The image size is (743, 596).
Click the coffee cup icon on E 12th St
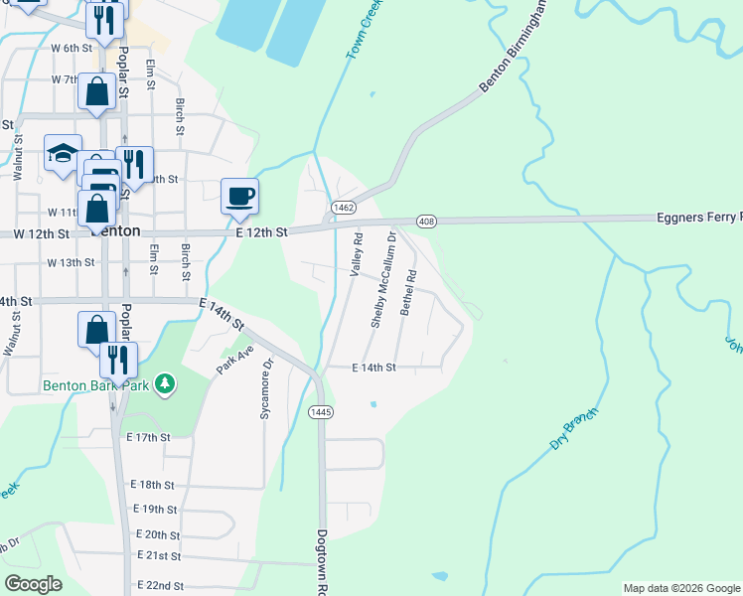click(x=238, y=196)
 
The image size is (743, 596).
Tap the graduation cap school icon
click(x=63, y=155)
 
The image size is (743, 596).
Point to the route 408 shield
click(x=427, y=220)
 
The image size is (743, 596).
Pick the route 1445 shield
click(x=321, y=411)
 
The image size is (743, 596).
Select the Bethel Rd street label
click(x=406, y=293)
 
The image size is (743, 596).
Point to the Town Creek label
click(x=364, y=30)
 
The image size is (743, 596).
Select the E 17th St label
click(x=149, y=437)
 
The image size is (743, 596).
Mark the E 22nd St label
click(x=160, y=586)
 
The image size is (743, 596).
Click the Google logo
click(x=34, y=584)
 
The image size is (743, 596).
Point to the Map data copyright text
click(x=680, y=588)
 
